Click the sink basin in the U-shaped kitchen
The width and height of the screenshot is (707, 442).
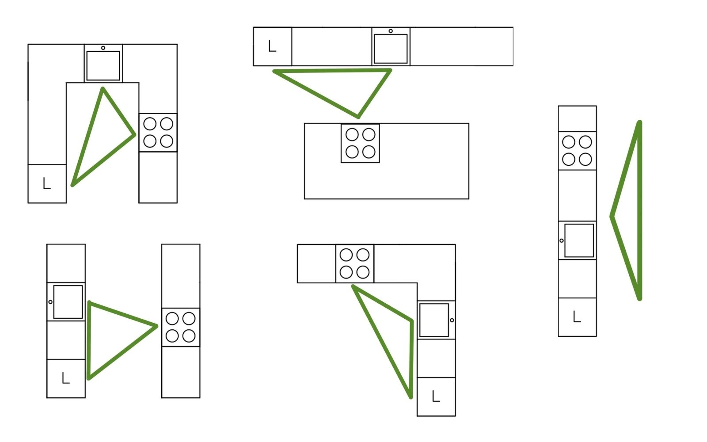tap(103, 65)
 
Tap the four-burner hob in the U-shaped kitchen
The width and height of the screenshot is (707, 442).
tap(158, 133)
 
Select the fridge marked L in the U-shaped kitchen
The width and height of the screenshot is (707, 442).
tap(47, 183)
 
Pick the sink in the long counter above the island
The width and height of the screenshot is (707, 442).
tap(391, 49)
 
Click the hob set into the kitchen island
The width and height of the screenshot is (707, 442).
tap(360, 143)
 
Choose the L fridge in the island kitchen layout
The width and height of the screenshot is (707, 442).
tap(273, 46)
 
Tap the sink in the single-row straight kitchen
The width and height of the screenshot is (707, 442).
tap(579, 240)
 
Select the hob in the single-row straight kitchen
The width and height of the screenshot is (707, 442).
tap(577, 151)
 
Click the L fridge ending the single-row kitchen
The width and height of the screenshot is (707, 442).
tap(577, 317)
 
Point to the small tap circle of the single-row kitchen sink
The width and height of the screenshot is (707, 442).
tap(562, 241)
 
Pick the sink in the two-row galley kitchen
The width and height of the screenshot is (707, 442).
tap(68, 302)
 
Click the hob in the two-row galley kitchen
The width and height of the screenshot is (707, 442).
tap(181, 327)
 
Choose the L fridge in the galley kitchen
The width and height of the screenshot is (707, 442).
tap(66, 378)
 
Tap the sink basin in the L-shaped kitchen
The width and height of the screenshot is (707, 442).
tap(434, 320)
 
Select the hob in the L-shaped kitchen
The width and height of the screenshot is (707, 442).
tap(354, 263)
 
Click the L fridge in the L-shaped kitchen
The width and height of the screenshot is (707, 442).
tap(436, 396)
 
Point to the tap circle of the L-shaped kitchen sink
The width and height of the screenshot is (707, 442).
tap(452, 320)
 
